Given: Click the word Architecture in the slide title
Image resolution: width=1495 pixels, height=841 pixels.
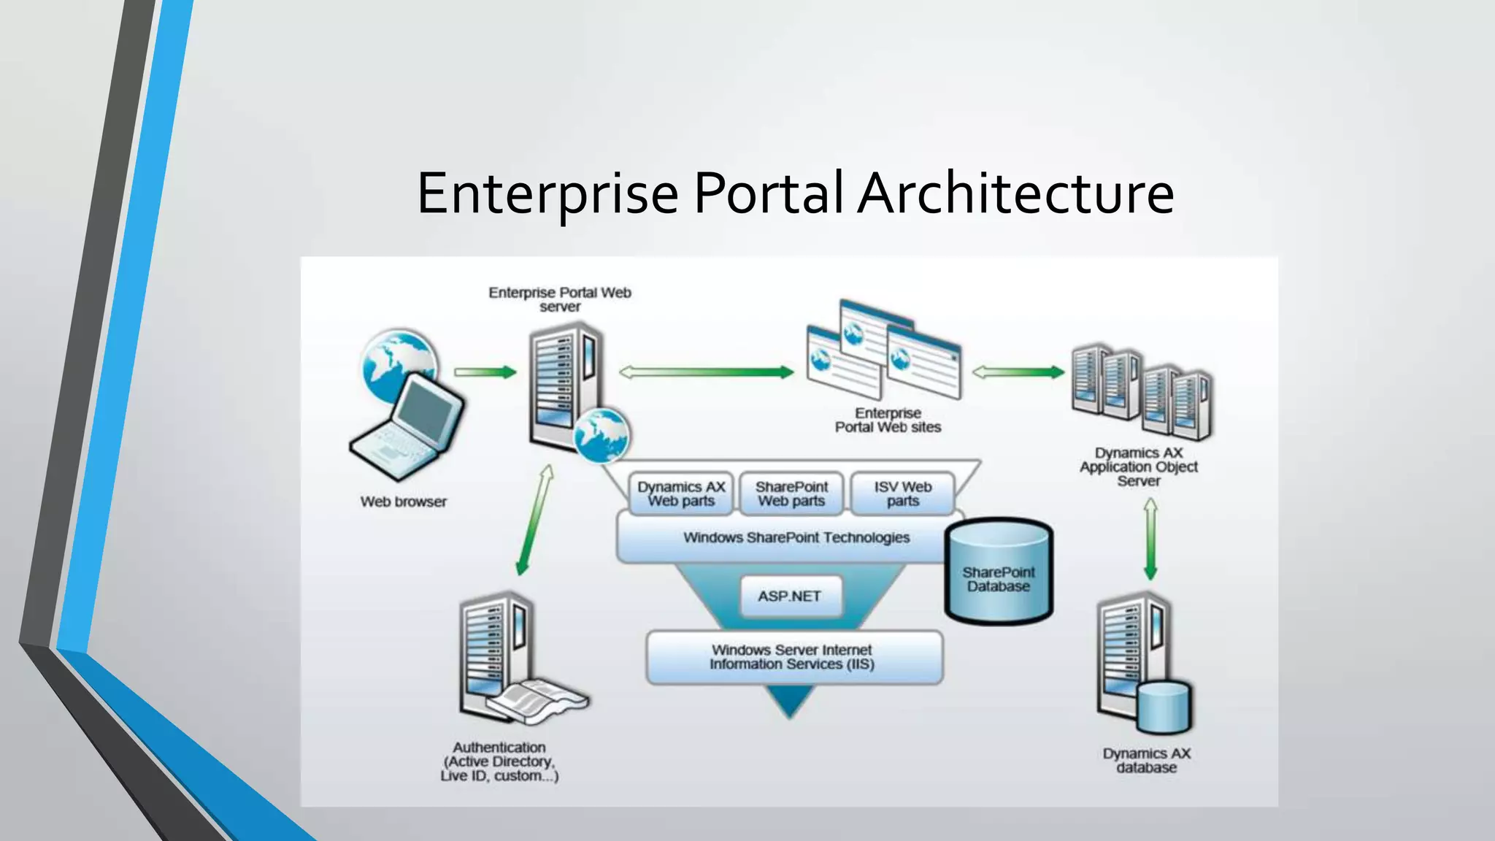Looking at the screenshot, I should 1015,193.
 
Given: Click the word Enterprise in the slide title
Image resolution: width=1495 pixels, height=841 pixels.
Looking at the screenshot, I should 547,193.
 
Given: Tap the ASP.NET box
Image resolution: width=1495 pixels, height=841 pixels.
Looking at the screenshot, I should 790,596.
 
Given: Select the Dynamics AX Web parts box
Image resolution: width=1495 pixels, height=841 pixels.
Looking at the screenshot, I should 681,494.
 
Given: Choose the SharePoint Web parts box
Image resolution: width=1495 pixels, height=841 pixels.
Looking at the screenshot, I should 791,494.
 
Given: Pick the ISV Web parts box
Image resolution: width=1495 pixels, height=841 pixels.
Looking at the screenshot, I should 903,494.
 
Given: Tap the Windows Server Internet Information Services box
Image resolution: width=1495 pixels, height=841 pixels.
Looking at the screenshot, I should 793,657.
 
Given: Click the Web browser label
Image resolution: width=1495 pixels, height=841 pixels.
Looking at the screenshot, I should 403,502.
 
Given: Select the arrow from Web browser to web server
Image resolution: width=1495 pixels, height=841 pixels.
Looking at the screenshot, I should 485,372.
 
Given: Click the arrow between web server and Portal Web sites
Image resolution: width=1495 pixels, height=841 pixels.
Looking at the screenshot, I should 706,372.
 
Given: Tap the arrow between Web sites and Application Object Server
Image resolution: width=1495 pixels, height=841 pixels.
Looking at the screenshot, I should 1018,372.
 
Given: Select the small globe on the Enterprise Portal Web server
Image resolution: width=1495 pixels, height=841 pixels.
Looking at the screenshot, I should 601,436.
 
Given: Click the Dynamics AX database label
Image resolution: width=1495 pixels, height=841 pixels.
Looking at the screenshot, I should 1146,761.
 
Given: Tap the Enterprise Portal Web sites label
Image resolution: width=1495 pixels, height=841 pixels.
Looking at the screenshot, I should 888,420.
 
